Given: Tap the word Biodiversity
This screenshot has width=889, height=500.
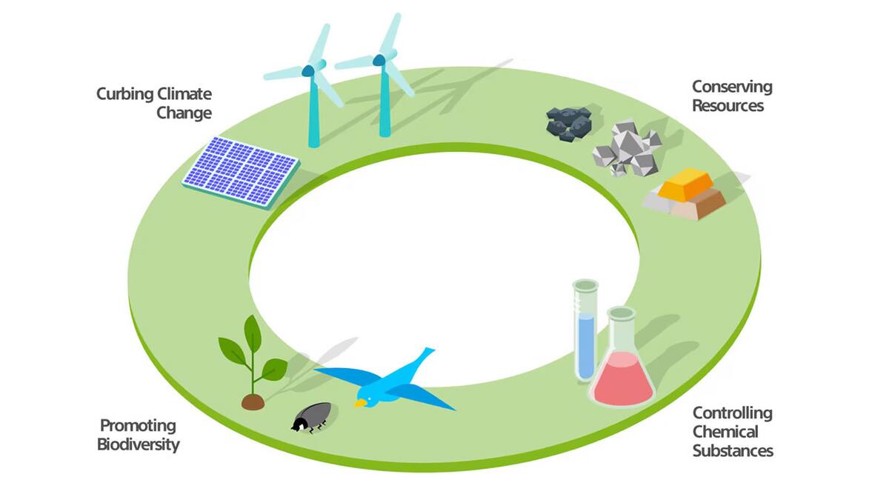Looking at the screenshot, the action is [x=138, y=444].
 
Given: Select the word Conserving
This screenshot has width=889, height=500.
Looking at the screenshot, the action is [x=732, y=87].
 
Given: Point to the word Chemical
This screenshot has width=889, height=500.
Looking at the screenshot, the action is [x=725, y=431].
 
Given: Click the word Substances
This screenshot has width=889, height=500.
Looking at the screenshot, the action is [x=733, y=451].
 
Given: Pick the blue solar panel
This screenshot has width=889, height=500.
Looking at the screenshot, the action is [x=241, y=172].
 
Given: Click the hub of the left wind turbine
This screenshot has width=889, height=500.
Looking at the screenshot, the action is [x=308, y=71].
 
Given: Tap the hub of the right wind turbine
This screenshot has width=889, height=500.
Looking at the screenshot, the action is [x=379, y=60].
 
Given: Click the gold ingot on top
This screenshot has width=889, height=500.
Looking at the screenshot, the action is [x=685, y=184].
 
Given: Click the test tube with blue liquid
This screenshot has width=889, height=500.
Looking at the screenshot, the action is [x=585, y=330].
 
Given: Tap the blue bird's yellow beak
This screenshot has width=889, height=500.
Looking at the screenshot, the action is [x=360, y=403].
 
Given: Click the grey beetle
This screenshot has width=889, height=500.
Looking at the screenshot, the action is [x=312, y=418].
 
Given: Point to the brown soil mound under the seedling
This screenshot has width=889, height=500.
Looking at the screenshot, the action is [x=253, y=402].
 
